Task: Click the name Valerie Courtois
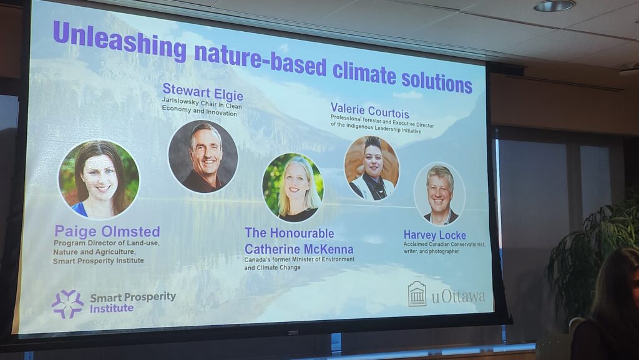click(x=369, y=110)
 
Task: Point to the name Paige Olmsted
click(x=107, y=231)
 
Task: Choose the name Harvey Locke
click(x=434, y=235)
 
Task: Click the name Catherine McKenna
click(x=299, y=249)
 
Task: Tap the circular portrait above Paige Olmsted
click(x=99, y=179)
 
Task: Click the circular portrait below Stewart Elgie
click(x=203, y=157)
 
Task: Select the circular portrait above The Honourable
click(x=293, y=187)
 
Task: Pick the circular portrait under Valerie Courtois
click(x=372, y=168)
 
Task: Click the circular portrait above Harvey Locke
click(x=439, y=194)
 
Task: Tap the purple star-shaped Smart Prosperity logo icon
click(x=67, y=304)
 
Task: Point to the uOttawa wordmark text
click(x=459, y=296)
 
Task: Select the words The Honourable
click(x=290, y=233)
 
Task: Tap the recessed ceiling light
click(x=554, y=5)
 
